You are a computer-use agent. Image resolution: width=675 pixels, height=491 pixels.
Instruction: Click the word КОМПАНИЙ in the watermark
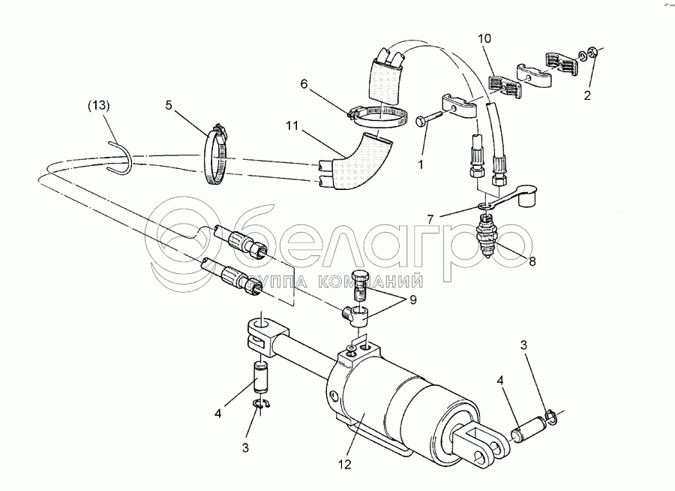[x=379, y=282]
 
